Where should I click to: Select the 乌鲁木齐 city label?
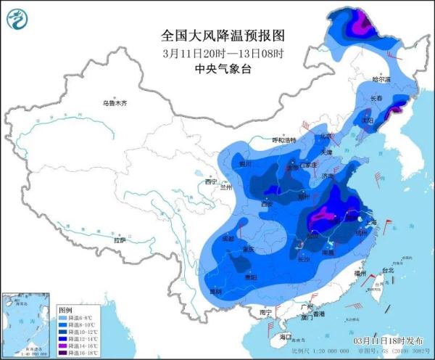(x=115, y=104)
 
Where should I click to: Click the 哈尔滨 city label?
(x=381, y=78)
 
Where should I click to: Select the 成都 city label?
(x=228, y=238)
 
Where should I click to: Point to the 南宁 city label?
(x=265, y=312)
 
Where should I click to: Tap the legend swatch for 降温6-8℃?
(x=63, y=318)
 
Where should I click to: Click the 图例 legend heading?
(x=65, y=310)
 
